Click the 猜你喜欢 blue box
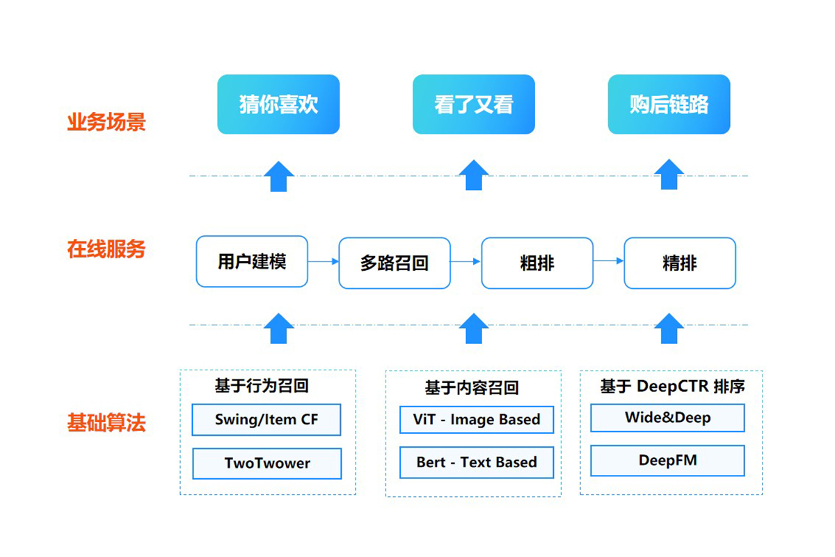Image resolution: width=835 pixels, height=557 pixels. coord(278,104)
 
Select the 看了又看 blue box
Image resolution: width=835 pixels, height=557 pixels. coord(474,104)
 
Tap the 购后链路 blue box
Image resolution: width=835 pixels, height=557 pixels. coord(669,104)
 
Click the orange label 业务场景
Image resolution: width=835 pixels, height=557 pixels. coord(106,123)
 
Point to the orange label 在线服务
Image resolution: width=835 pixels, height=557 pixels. coord(106,249)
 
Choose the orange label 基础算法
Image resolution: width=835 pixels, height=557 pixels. coord(106,423)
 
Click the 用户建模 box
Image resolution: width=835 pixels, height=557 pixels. coord(252,262)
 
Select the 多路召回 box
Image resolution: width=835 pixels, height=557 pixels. coord(395,263)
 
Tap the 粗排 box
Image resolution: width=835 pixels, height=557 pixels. coord(537,263)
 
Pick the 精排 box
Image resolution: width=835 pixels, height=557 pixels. coord(680,263)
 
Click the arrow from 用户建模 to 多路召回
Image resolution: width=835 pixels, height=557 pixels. coord(324,262)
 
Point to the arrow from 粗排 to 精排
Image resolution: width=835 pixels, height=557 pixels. coord(609,261)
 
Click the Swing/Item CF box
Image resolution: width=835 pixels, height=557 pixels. coord(267,420)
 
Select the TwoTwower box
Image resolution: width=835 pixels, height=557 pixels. coord(267,464)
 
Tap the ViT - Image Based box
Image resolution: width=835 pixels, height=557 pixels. coord(477,420)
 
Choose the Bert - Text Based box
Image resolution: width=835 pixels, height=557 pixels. coord(477,462)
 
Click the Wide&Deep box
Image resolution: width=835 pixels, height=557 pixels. coord(667,418)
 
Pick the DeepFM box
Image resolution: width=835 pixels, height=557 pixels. coord(667,460)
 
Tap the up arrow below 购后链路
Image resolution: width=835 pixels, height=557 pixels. coord(669,175)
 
